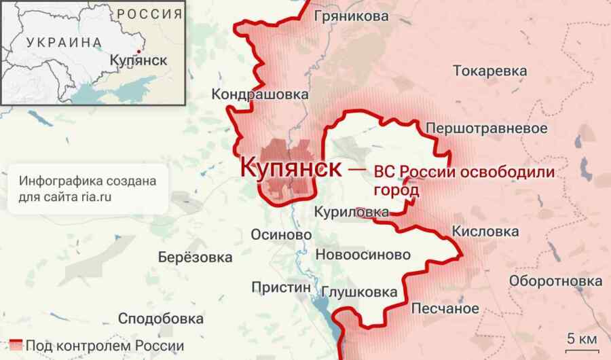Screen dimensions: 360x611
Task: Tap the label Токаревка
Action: click(489, 71)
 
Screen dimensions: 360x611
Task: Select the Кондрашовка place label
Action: click(260, 94)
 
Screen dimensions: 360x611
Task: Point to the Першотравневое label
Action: click(486, 128)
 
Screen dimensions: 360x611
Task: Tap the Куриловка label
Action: click(351, 213)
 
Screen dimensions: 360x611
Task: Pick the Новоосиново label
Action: click(363, 255)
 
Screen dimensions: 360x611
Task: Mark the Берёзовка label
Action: click(195, 258)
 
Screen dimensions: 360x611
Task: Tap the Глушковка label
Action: click(359, 293)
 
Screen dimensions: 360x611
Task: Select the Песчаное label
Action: click(445, 308)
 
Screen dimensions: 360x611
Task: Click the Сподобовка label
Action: click(161, 318)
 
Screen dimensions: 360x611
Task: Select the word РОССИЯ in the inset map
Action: click(149, 13)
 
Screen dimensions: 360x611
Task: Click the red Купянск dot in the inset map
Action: click(136, 51)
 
